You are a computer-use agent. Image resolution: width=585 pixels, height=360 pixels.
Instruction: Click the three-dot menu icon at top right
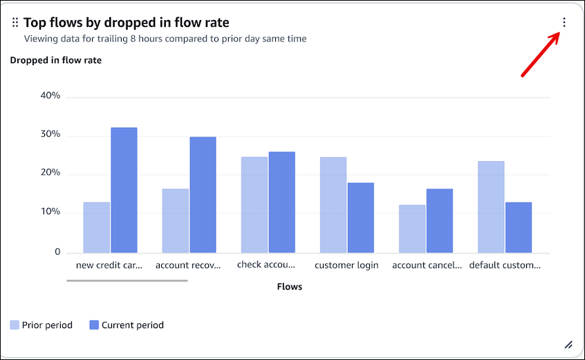click(x=564, y=23)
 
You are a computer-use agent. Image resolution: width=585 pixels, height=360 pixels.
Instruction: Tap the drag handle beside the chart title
click(x=15, y=23)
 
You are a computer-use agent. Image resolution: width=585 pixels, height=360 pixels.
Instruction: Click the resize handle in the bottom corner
click(x=568, y=344)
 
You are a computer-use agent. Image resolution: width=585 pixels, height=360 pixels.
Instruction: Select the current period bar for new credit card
click(x=124, y=190)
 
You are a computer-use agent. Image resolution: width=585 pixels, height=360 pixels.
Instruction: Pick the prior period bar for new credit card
click(x=96, y=227)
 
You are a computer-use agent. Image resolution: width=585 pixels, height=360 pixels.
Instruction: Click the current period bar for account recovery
click(x=203, y=194)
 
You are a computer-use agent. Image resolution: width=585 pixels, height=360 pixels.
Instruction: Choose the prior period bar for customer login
click(x=333, y=205)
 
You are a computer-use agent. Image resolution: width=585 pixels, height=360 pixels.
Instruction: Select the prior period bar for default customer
click(x=491, y=207)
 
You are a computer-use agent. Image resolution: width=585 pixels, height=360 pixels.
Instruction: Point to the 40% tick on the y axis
click(x=50, y=96)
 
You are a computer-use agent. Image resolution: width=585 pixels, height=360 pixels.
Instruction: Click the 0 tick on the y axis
click(x=57, y=252)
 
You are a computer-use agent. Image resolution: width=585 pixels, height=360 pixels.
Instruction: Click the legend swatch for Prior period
click(x=15, y=325)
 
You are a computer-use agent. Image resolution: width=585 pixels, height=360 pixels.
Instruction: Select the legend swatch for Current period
click(x=94, y=325)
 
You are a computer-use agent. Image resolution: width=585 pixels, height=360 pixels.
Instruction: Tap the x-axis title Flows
click(x=289, y=286)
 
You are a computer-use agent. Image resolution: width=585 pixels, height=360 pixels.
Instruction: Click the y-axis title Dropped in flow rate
click(x=55, y=60)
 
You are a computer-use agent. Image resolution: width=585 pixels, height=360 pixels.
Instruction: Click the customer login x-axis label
click(x=346, y=265)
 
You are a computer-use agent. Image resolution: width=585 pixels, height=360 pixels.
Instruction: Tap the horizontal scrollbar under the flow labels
click(x=127, y=281)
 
